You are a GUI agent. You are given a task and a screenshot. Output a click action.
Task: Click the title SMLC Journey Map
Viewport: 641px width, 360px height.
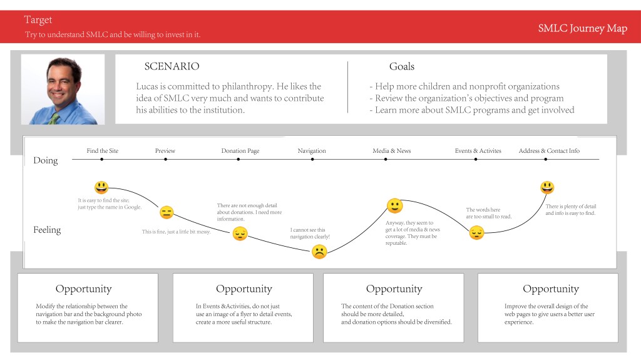click(x=582, y=28)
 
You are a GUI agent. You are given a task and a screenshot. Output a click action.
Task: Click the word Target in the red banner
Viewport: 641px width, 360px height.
click(x=38, y=19)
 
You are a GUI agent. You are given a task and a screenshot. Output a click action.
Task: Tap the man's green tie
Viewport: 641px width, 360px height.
click(x=54, y=118)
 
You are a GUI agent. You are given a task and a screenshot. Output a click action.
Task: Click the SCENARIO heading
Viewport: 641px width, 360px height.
click(x=172, y=66)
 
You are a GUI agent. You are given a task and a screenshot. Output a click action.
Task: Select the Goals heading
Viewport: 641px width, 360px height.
click(x=401, y=66)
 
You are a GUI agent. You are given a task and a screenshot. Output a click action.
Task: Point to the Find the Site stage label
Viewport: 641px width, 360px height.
click(x=102, y=150)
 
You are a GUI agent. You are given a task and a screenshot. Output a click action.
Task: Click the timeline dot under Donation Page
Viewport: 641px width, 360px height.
click(x=238, y=159)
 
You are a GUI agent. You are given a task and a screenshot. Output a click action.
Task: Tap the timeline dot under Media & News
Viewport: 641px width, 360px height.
click(x=386, y=159)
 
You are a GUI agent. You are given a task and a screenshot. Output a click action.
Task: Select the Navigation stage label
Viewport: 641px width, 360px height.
click(x=312, y=150)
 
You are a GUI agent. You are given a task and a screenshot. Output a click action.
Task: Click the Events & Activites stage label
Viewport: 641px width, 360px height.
click(x=478, y=150)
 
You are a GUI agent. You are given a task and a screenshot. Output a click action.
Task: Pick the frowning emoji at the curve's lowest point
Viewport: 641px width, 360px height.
click(x=319, y=252)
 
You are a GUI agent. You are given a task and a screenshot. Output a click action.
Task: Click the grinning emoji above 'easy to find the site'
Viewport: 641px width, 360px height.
click(x=101, y=187)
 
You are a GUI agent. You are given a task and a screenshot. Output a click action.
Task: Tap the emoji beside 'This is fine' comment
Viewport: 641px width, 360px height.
click(x=167, y=212)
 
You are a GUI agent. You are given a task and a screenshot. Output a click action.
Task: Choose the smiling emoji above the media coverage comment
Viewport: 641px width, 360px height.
click(x=394, y=206)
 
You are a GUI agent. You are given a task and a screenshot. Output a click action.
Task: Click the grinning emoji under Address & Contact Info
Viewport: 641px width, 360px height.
click(x=547, y=187)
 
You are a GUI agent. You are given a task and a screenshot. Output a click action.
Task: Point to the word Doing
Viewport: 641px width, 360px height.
click(x=45, y=160)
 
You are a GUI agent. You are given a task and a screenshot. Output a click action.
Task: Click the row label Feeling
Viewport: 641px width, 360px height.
click(x=47, y=230)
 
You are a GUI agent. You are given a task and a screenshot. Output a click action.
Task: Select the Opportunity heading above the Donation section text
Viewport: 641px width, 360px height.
click(x=394, y=289)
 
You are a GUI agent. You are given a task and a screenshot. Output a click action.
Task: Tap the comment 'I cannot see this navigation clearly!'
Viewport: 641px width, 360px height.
click(x=310, y=233)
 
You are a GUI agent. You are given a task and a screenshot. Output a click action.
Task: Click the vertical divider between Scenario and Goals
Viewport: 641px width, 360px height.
click(x=348, y=87)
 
